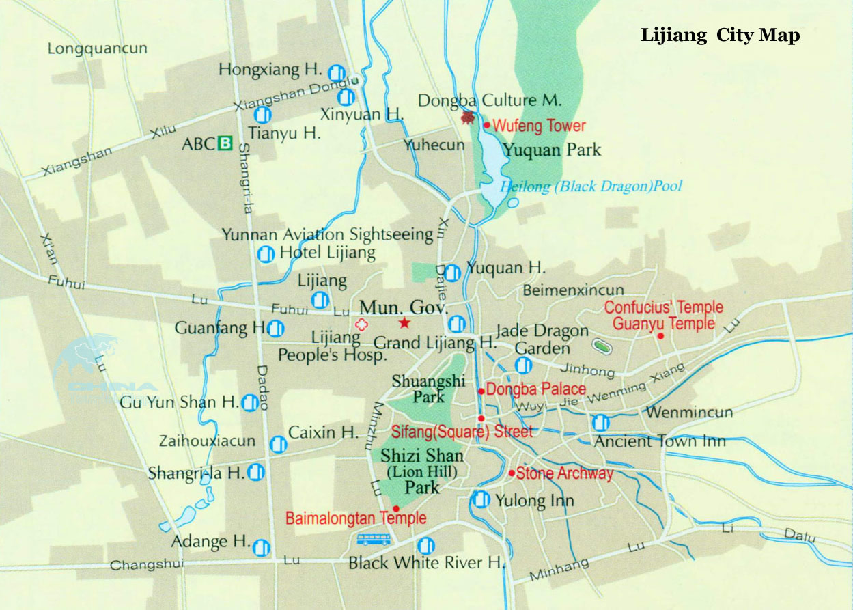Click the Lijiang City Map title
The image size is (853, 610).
pos(720,36)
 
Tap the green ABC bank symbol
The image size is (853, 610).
pos(225,143)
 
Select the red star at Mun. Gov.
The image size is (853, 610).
pos(404,323)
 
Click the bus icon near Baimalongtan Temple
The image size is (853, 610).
pos(374,540)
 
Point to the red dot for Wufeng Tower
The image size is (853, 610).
pos(487,125)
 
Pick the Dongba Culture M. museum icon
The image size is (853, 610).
pos(468,117)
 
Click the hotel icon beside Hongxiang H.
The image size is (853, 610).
pos(335,72)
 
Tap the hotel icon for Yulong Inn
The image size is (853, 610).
pos(481,500)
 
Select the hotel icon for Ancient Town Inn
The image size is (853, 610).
pos(601,423)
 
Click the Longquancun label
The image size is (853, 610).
pos(97,49)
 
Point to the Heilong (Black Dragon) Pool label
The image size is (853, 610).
pos(591,186)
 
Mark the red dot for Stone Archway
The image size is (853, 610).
pos(512,473)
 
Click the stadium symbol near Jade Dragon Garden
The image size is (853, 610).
pos(602,347)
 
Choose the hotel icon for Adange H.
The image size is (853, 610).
pos(261,547)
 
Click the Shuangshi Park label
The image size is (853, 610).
pos(418,388)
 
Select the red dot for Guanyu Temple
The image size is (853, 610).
pos(660,335)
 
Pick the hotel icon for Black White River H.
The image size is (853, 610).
pos(425,545)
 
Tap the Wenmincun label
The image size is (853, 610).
pos(689,413)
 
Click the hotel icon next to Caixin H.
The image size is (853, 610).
pos(278,445)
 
